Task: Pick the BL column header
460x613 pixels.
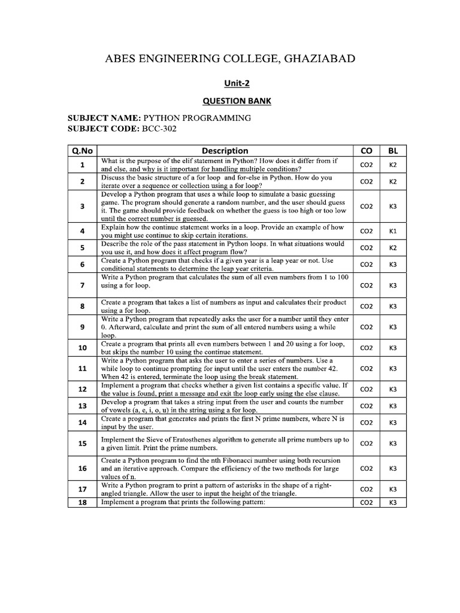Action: click(x=393, y=151)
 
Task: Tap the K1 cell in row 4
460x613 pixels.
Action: click(x=393, y=231)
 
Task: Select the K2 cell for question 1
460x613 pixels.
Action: click(x=393, y=165)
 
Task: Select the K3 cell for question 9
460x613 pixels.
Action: click(x=393, y=327)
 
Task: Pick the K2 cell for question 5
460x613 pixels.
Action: click(x=393, y=248)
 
